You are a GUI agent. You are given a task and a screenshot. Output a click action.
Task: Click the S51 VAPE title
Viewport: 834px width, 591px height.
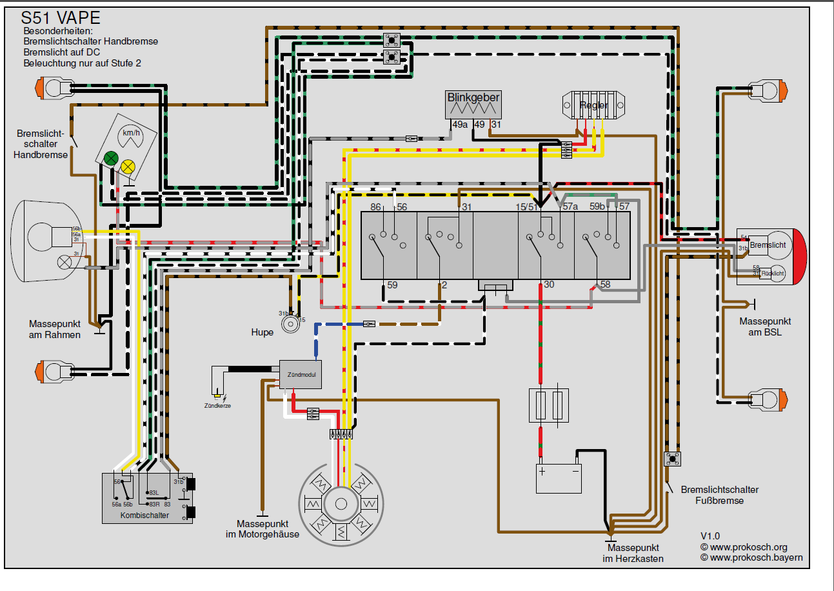61,17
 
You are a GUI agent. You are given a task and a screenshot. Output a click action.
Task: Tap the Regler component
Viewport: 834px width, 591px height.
593,105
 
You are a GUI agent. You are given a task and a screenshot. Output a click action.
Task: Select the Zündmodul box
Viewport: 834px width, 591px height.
300,374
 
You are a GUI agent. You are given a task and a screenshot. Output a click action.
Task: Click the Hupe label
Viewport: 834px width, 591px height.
263,332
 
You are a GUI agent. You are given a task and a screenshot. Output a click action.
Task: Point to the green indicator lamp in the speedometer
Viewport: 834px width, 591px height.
111,157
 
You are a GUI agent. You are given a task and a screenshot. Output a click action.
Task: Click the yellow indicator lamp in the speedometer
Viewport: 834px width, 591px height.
128,166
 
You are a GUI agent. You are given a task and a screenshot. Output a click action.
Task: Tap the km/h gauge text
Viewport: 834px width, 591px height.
132,133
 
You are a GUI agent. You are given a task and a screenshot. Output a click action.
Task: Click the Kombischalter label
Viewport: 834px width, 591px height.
144,516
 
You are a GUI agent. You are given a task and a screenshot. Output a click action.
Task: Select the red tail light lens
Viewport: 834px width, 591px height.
800,256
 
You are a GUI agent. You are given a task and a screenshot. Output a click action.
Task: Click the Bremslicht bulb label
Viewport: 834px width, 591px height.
768,245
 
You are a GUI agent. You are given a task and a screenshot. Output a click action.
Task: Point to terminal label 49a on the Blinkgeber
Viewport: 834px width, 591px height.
459,125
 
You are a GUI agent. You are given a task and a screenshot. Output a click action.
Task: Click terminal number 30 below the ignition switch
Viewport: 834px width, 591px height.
549,285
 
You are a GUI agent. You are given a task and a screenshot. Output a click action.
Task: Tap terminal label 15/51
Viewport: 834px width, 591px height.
526,207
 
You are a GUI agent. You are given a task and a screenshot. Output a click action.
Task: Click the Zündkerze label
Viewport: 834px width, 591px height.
217,406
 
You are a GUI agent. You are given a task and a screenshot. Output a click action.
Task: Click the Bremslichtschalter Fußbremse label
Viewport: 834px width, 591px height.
719,495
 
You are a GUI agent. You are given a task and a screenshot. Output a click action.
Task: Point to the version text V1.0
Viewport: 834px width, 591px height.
710,536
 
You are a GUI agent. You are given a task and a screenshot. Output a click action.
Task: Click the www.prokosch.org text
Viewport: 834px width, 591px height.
748,547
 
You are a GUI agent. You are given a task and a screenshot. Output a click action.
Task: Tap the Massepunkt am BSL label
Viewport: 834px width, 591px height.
765,326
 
